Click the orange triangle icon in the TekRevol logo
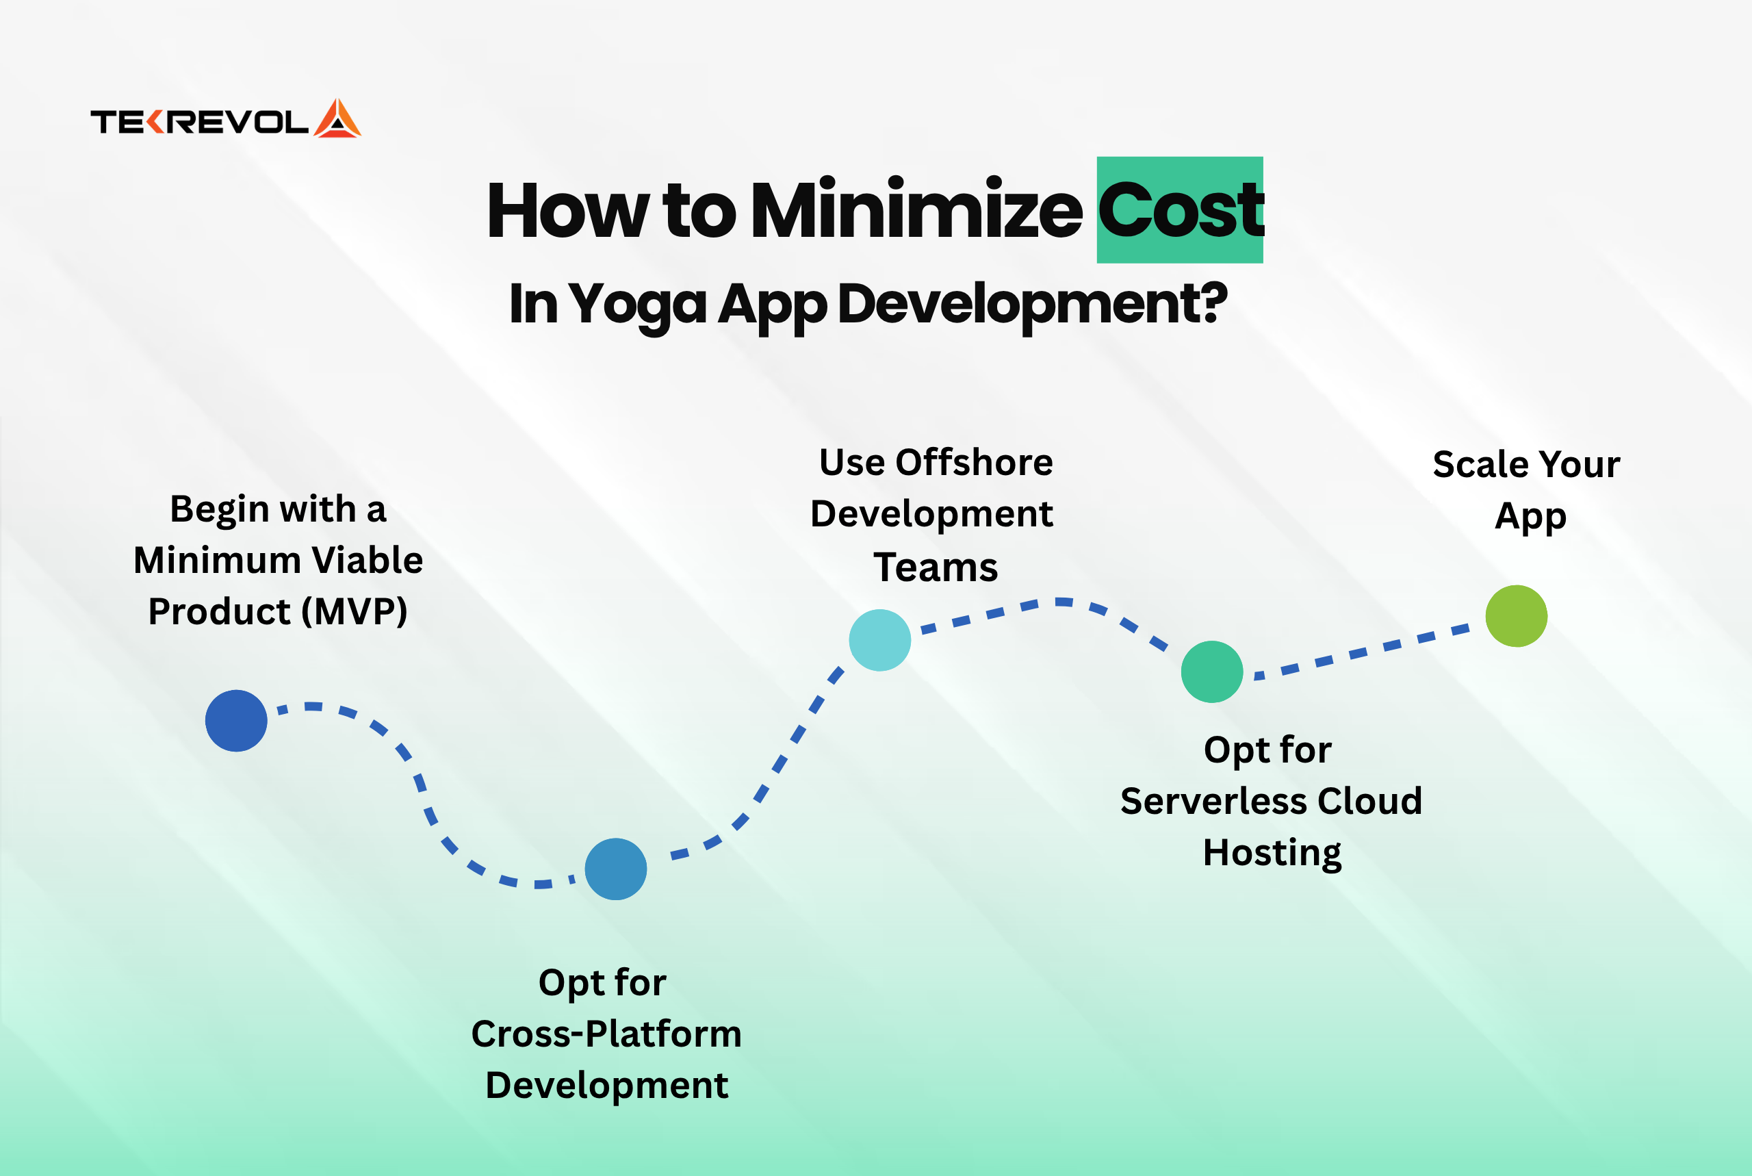coord(337,118)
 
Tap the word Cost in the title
coord(1181,210)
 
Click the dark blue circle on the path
coord(236,721)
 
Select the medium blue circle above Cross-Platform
coord(615,869)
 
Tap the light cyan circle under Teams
coord(880,640)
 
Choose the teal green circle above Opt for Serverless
coord(1212,672)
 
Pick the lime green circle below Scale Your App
coord(1517,616)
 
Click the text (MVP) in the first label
coord(355,612)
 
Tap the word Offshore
coord(974,462)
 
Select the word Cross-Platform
coord(606,1034)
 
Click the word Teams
coord(936,567)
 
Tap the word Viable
coord(367,560)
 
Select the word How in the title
coord(568,210)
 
